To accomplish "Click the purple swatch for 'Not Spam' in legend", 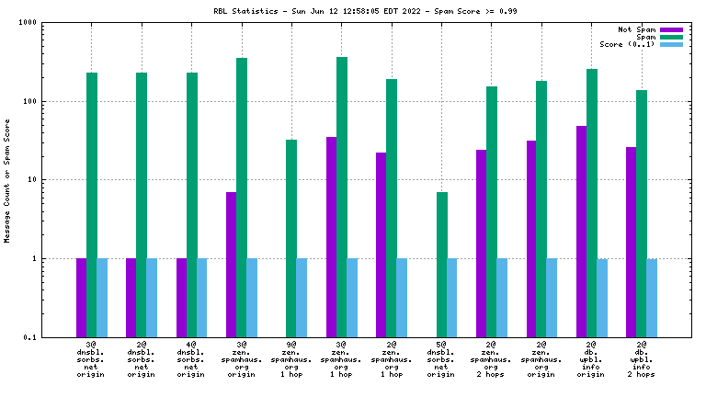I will [x=671, y=29].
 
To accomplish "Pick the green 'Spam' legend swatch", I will [x=671, y=37].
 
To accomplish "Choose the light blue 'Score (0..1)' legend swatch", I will [x=671, y=44].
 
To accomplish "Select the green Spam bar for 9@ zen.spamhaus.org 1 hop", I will [x=291, y=238].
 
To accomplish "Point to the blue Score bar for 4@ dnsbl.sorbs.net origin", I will [x=201, y=298].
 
